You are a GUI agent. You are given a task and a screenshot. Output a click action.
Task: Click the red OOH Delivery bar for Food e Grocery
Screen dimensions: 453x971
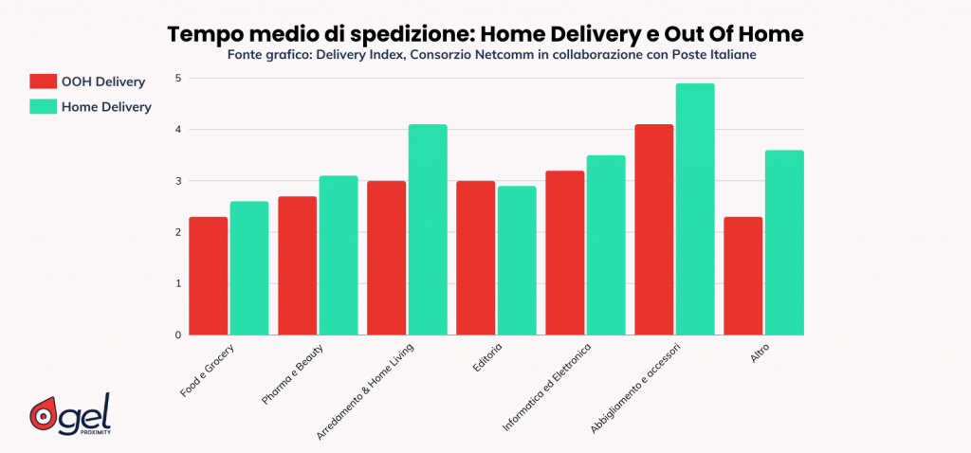[x=208, y=276]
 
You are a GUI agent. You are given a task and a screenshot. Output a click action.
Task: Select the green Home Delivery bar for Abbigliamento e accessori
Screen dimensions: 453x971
[x=694, y=209]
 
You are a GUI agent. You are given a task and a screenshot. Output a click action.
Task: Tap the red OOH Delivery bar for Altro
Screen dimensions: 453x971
[x=742, y=276]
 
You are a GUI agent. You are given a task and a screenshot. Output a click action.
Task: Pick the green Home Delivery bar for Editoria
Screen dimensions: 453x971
[x=516, y=261]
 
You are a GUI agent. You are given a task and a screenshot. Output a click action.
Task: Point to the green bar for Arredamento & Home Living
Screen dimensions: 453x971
[x=427, y=229]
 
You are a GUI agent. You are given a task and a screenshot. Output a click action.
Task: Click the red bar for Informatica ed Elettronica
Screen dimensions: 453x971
[x=564, y=253]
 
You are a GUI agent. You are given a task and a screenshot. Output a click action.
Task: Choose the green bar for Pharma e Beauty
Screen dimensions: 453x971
[x=338, y=255]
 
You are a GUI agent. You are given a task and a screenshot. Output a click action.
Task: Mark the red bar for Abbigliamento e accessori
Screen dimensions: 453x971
[x=653, y=229]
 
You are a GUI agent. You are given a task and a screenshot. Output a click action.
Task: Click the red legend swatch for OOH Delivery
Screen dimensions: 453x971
[x=44, y=82]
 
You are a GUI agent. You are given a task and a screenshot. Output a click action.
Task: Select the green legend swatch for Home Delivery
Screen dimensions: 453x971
[x=44, y=107]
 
